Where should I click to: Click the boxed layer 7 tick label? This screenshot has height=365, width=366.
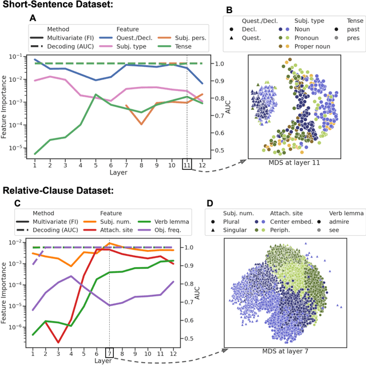(109, 352)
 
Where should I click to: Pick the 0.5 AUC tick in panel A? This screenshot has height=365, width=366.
(219, 150)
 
